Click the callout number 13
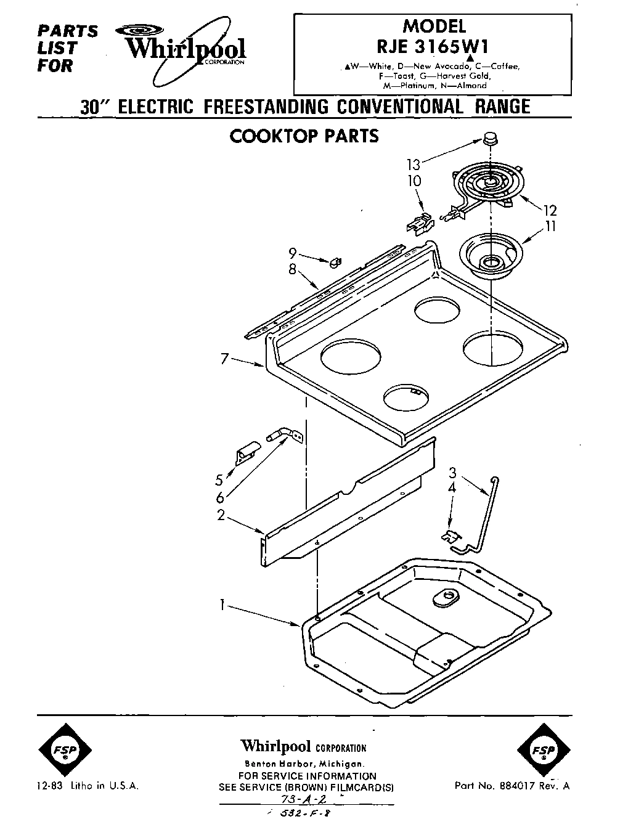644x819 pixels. pyautogui.click(x=413, y=165)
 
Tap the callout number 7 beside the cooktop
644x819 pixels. pyautogui.click(x=225, y=358)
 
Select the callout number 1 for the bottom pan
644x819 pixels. pyautogui.click(x=221, y=606)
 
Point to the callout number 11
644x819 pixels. pyautogui.click(x=550, y=227)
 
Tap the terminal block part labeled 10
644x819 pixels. pyautogui.click(x=418, y=223)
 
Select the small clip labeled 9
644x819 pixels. pyautogui.click(x=335, y=263)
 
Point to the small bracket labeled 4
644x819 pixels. pyautogui.click(x=450, y=536)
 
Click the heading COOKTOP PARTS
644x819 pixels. pyautogui.click(x=304, y=136)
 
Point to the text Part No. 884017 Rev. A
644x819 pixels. pyautogui.click(x=512, y=786)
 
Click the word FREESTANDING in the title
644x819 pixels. pyautogui.click(x=267, y=106)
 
